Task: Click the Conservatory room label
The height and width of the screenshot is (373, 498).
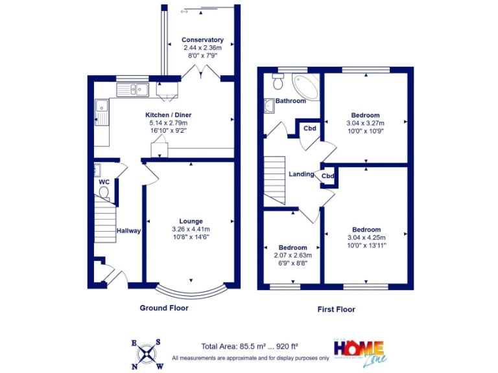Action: click(x=202, y=40)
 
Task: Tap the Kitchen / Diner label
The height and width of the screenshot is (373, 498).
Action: click(x=168, y=115)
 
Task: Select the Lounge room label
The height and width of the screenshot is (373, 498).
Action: click(x=191, y=221)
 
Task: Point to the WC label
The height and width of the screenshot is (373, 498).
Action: click(x=104, y=182)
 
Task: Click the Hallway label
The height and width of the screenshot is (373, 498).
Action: click(x=128, y=231)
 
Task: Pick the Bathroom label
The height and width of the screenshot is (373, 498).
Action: click(x=290, y=101)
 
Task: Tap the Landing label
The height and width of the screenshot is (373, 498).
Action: click(x=301, y=174)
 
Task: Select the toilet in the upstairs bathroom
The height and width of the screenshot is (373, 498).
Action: click(x=278, y=81)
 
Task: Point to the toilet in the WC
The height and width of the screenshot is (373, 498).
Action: click(x=104, y=192)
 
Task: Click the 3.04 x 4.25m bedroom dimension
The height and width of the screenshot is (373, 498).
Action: click(x=366, y=238)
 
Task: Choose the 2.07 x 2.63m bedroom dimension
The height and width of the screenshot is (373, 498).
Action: click(x=292, y=255)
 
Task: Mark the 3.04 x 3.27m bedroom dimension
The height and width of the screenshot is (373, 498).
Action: click(x=366, y=123)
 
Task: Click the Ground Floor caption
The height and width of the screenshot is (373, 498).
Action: click(x=164, y=308)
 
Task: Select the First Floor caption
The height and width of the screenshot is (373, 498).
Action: click(x=336, y=310)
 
